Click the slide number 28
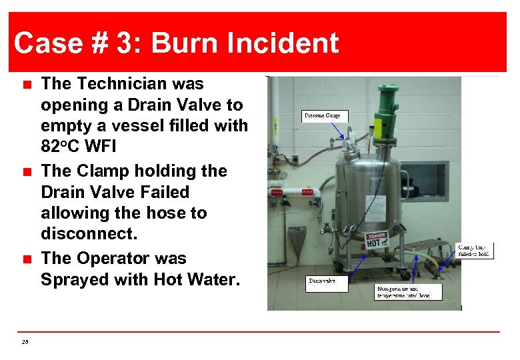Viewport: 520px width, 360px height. tap(25, 342)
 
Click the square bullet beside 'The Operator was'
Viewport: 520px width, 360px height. tap(26, 259)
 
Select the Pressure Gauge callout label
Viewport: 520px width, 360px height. tap(323, 116)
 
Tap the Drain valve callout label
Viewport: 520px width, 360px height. tap(322, 281)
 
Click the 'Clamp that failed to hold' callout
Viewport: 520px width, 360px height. tap(475, 250)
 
